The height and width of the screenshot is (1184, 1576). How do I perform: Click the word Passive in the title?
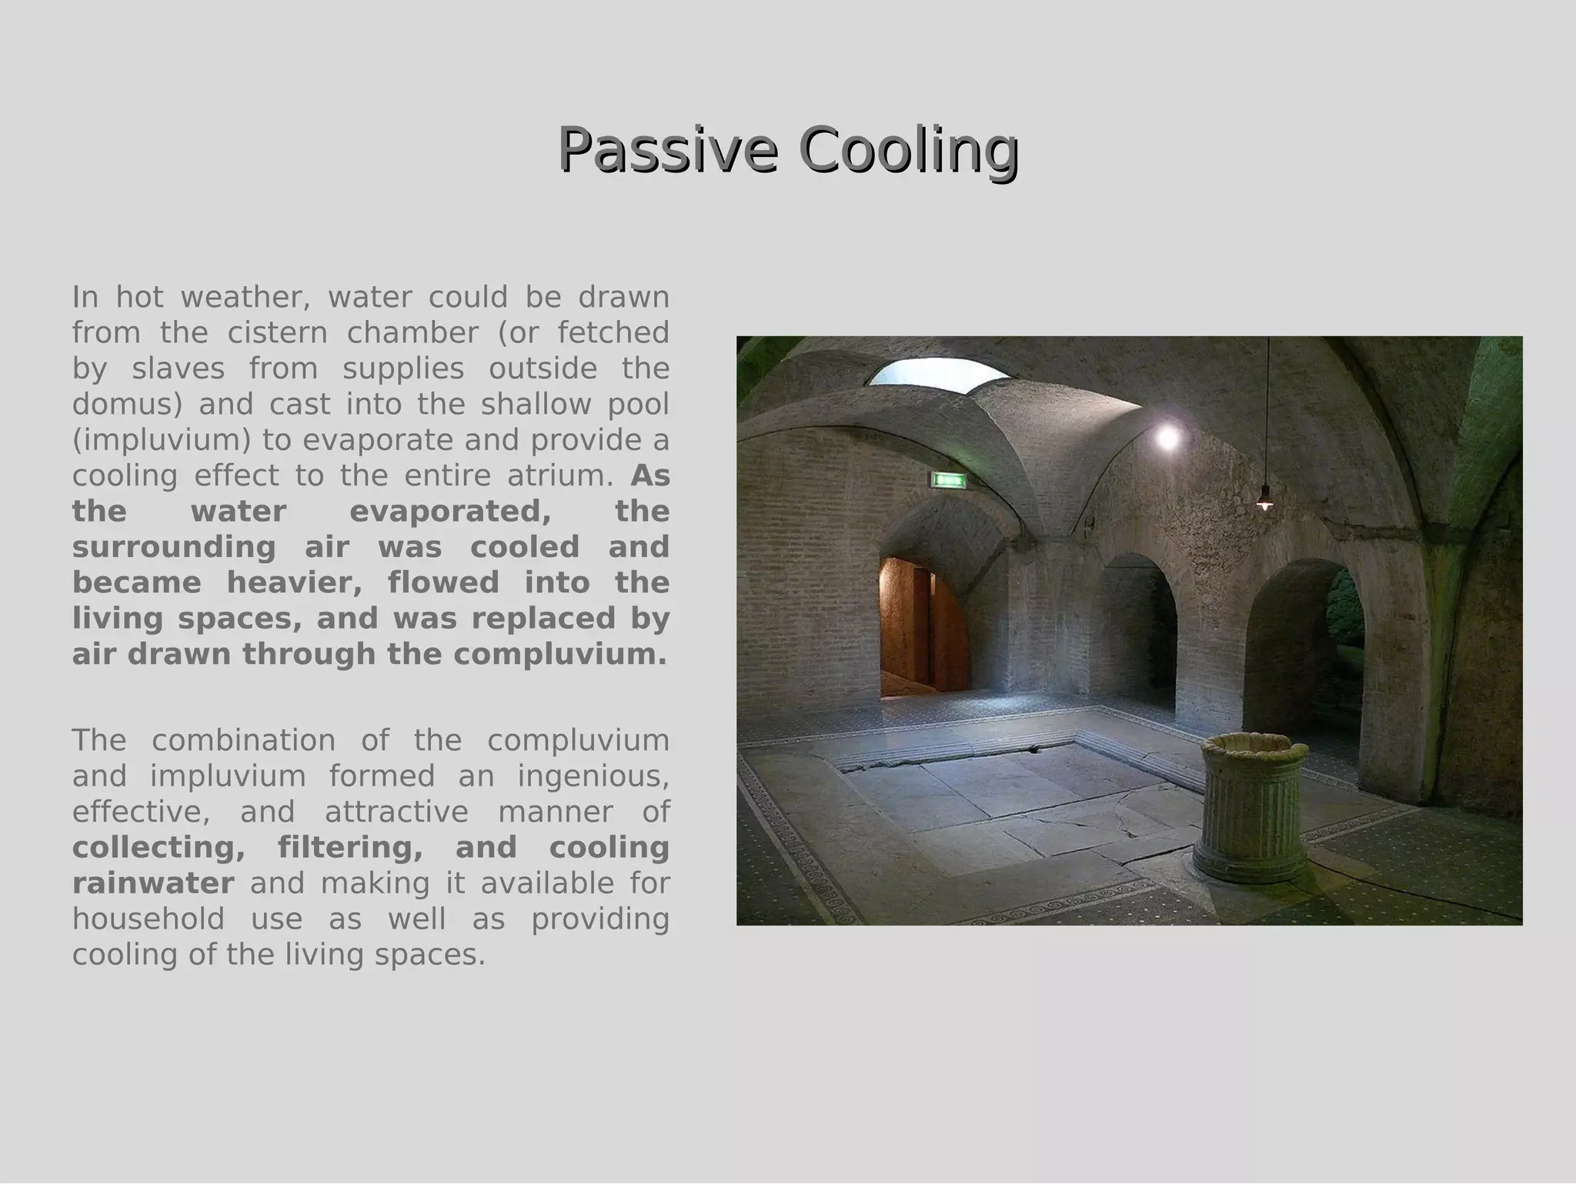click(667, 148)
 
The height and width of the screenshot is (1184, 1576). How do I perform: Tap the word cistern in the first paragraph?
click(277, 333)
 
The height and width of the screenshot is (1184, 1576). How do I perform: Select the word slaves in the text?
click(178, 369)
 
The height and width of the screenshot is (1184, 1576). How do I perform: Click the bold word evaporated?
click(450, 511)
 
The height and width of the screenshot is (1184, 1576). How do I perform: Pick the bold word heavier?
click(294, 582)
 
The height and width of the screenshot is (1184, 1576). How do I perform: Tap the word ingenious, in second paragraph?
click(593, 775)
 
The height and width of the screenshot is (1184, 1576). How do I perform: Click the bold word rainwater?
click(153, 883)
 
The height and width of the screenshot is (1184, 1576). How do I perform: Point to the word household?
click(149, 919)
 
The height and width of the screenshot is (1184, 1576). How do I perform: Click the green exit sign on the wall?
click(948, 481)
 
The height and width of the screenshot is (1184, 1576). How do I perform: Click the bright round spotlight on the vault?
click(1168, 438)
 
